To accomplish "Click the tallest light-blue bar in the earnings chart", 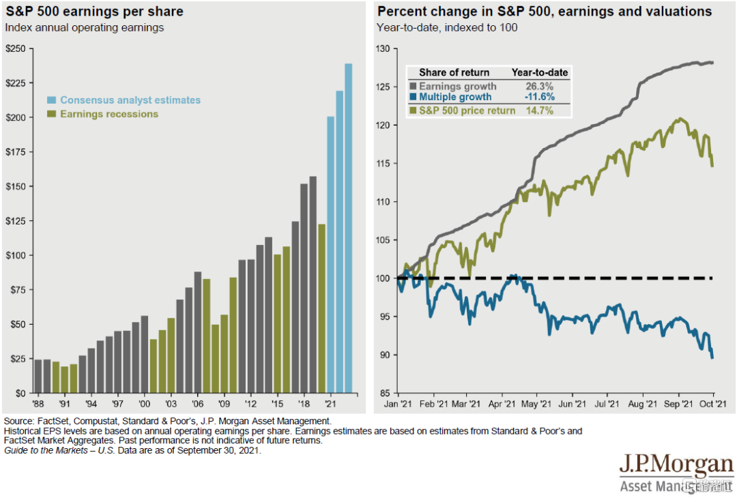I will (349, 229).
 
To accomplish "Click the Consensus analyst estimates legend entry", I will (130, 100).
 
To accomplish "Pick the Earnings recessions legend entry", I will (109, 114).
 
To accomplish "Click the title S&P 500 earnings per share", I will (94, 12).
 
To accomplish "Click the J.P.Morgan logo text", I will (676, 467).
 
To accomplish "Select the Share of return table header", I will (454, 72).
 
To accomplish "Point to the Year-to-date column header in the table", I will (540, 72).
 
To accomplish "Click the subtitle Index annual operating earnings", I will (85, 28).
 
